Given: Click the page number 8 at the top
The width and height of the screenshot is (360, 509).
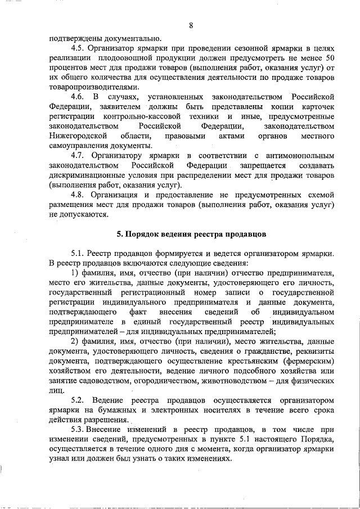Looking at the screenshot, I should click(191, 25).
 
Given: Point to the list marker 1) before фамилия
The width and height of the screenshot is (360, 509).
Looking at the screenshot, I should click(75, 273).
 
